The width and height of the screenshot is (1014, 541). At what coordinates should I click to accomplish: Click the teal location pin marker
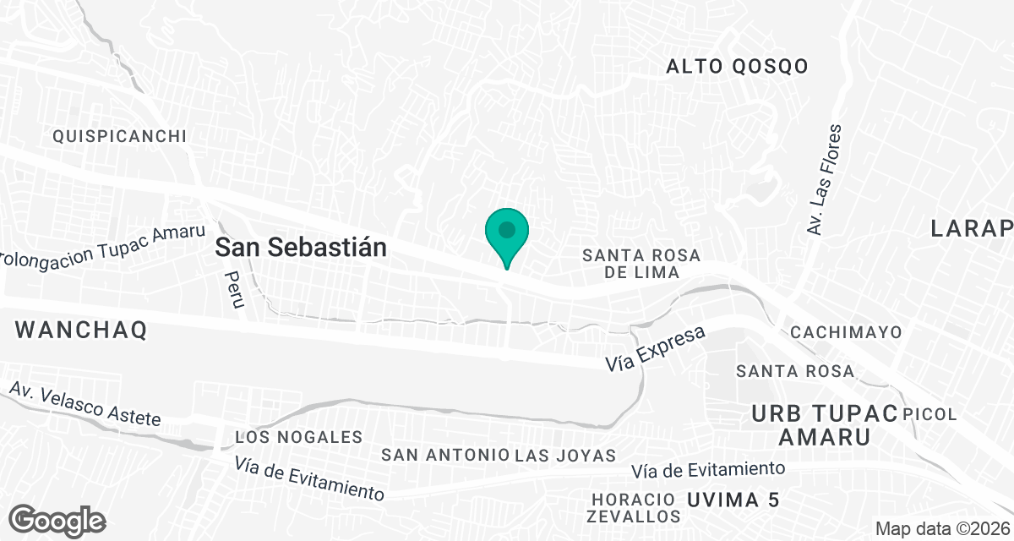506,232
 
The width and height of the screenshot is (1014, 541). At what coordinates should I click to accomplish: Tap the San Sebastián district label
301,248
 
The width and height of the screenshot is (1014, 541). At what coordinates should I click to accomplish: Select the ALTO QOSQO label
737,67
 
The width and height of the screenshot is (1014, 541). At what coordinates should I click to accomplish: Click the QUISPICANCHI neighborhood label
119,136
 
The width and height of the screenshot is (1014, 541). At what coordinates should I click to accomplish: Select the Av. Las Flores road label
824,180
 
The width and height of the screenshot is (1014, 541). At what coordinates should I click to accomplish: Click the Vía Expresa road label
656,348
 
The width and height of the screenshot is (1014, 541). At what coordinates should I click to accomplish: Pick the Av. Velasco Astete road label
84,404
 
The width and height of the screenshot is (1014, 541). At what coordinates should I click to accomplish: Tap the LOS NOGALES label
298,437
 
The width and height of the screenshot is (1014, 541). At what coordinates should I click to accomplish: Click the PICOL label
929,414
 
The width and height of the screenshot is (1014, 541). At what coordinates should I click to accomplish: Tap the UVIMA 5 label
733,500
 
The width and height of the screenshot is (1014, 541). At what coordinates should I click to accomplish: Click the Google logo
57,520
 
